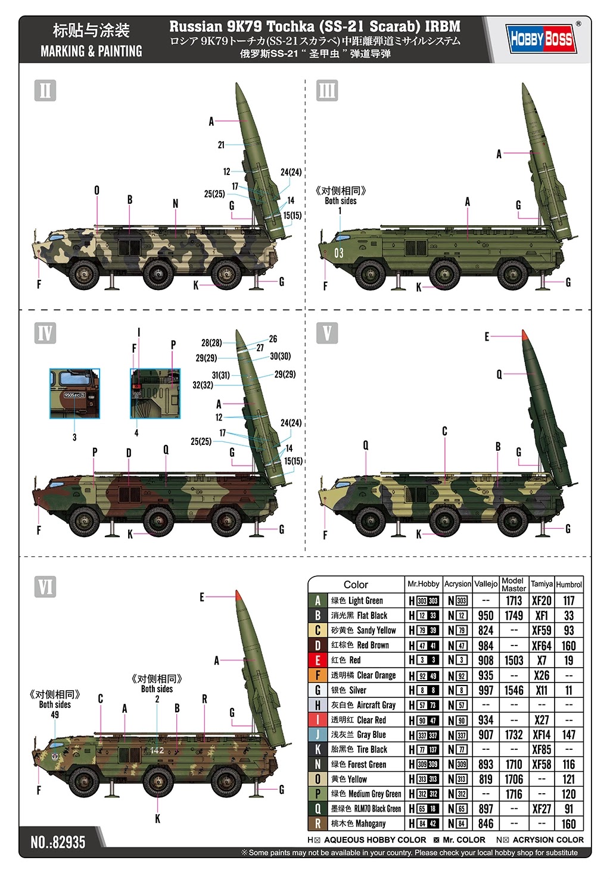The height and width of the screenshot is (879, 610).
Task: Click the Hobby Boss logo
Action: tap(541, 39)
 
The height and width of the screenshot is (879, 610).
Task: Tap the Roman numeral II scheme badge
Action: tap(45, 91)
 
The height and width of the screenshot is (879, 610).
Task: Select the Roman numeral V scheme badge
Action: tap(327, 333)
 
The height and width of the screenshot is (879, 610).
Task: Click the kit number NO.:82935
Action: tap(58, 842)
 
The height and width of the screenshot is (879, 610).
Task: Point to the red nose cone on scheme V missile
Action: tap(524, 335)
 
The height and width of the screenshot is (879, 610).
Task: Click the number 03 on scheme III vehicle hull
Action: tap(338, 253)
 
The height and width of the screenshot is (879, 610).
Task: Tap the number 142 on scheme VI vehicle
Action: tap(157, 750)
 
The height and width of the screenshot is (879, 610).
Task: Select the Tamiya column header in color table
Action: tap(541, 584)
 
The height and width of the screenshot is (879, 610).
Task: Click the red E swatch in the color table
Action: tap(318, 660)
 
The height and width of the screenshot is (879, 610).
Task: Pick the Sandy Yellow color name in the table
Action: tap(376, 631)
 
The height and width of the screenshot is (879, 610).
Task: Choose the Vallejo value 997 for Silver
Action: tap(485, 690)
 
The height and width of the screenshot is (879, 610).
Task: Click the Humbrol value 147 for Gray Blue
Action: tap(569, 735)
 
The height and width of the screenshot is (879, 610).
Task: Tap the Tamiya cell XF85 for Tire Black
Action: tap(541, 750)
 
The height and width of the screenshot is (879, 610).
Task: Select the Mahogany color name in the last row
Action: tap(371, 824)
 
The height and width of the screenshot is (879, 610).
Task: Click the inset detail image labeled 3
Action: tap(74, 393)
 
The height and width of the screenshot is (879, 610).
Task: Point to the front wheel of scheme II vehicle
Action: tap(84, 274)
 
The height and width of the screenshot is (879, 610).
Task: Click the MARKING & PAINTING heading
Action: tap(91, 51)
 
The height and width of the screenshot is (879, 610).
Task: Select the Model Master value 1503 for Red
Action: tap(513, 660)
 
